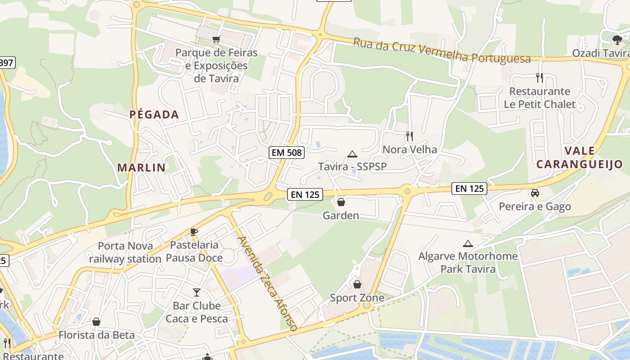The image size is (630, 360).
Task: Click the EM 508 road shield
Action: point(287,153)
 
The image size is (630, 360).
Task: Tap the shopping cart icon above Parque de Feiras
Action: point(216,40)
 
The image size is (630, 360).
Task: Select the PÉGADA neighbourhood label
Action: point(154,115)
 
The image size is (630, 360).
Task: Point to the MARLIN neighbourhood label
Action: point(141,168)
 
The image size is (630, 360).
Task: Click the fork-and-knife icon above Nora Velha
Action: point(409,136)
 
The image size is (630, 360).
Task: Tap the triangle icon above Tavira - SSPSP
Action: point(352,154)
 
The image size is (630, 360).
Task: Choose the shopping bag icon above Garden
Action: point(341,202)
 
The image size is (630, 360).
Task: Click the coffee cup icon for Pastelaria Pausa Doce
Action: point(194,232)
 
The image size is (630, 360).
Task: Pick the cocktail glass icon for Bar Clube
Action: point(197,292)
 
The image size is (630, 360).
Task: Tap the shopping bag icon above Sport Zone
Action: point(357,284)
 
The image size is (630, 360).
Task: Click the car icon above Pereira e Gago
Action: point(535,193)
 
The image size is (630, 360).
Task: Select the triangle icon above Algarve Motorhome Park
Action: point(468,244)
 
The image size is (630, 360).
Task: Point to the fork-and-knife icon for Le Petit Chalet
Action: point(540,78)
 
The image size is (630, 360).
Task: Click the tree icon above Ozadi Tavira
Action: point(617,40)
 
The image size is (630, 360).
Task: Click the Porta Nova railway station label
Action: point(125,252)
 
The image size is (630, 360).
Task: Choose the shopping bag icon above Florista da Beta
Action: point(96,322)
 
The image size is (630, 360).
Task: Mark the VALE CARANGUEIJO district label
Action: point(579,157)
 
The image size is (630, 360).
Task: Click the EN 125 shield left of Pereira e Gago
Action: point(469,189)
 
